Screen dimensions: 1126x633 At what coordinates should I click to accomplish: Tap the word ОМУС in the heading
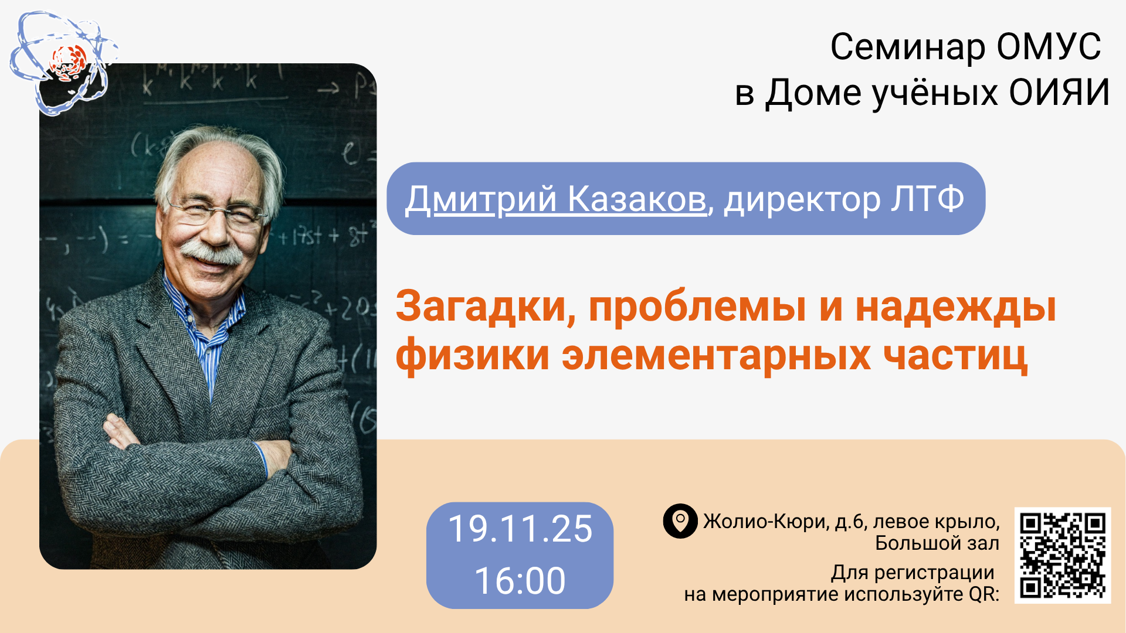pyautogui.click(x=1049, y=46)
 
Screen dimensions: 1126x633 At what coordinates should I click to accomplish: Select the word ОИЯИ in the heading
pyautogui.click(x=1060, y=93)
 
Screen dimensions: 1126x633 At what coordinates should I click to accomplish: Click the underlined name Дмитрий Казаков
pyautogui.click(x=556, y=199)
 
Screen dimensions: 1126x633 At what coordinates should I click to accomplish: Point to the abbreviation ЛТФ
pyautogui.click(x=928, y=199)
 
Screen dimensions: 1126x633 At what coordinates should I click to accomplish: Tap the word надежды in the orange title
pyautogui.click(x=956, y=307)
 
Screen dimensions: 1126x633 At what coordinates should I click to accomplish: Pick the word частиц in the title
pyautogui.click(x=955, y=356)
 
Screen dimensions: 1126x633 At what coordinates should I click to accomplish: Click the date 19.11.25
pyautogui.click(x=520, y=529)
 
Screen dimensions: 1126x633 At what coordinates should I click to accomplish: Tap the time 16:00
pyautogui.click(x=520, y=581)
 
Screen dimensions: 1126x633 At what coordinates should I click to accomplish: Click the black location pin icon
pyautogui.click(x=680, y=521)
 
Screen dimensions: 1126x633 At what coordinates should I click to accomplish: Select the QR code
pyautogui.click(x=1063, y=555)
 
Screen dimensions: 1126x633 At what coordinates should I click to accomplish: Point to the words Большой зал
pyautogui.click(x=937, y=543)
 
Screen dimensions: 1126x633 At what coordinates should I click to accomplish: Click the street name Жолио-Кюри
pyautogui.click(x=765, y=521)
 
